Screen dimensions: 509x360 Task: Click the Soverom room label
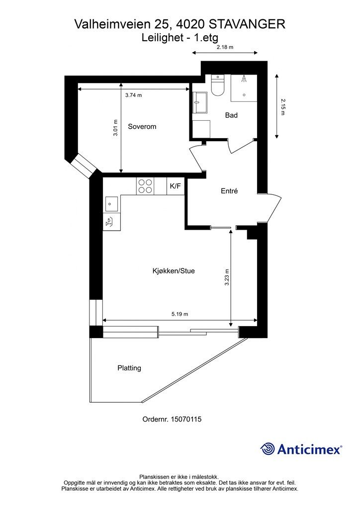click(x=142, y=127)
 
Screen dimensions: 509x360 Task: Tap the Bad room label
click(x=231, y=115)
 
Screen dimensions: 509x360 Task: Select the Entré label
click(x=229, y=191)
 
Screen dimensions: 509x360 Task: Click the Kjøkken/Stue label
click(x=174, y=271)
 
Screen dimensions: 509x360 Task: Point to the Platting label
click(x=129, y=368)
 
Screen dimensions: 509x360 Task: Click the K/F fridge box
click(x=176, y=186)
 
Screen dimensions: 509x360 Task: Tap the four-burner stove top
click(x=145, y=186)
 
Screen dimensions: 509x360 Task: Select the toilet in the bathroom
click(x=218, y=85)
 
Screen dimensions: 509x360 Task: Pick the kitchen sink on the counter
click(x=111, y=203)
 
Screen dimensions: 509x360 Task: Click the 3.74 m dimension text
click(x=133, y=95)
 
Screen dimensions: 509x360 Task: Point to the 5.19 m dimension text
click(x=180, y=314)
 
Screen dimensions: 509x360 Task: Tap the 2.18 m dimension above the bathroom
click(x=225, y=48)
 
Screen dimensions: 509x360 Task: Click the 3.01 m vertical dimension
click(x=115, y=128)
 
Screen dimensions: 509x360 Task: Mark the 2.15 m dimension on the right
click(x=282, y=106)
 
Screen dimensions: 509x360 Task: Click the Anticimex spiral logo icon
click(x=268, y=449)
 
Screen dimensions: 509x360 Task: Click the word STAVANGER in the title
click(x=247, y=23)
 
